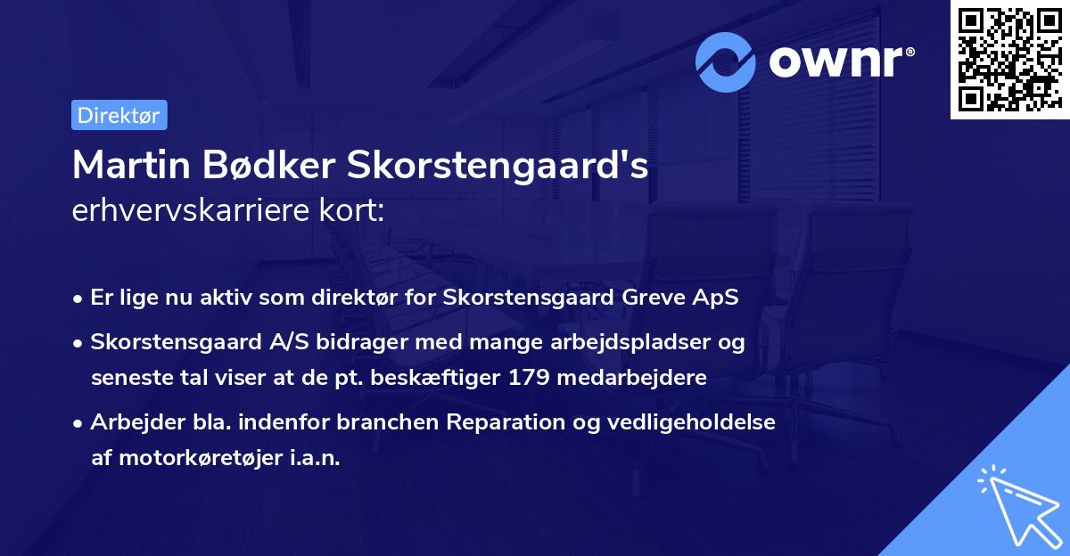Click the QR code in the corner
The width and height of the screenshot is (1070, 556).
point(1009,60)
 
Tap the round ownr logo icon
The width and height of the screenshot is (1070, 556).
point(726,61)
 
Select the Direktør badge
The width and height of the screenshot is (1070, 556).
point(119,115)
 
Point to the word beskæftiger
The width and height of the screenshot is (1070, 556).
point(446,378)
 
